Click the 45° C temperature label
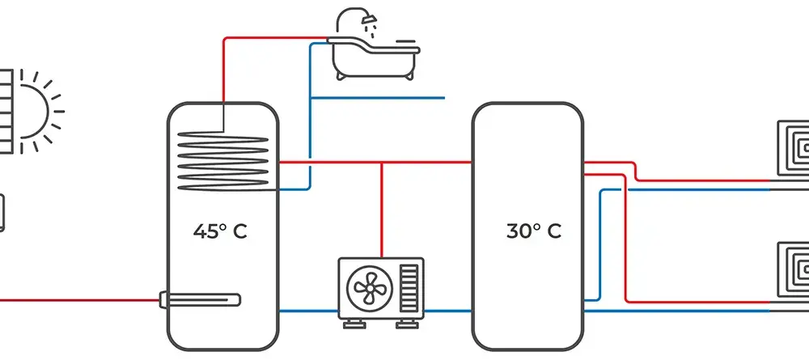(x=220, y=231)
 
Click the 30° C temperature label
(x=533, y=231)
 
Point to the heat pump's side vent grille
(x=409, y=288)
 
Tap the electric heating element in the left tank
(x=200, y=299)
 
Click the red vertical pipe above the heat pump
(x=382, y=210)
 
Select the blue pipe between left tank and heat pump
(x=308, y=311)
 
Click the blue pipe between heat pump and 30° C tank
(x=448, y=311)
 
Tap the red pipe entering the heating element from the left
(x=79, y=299)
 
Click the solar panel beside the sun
(x=6, y=112)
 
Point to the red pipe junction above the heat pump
(x=382, y=163)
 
